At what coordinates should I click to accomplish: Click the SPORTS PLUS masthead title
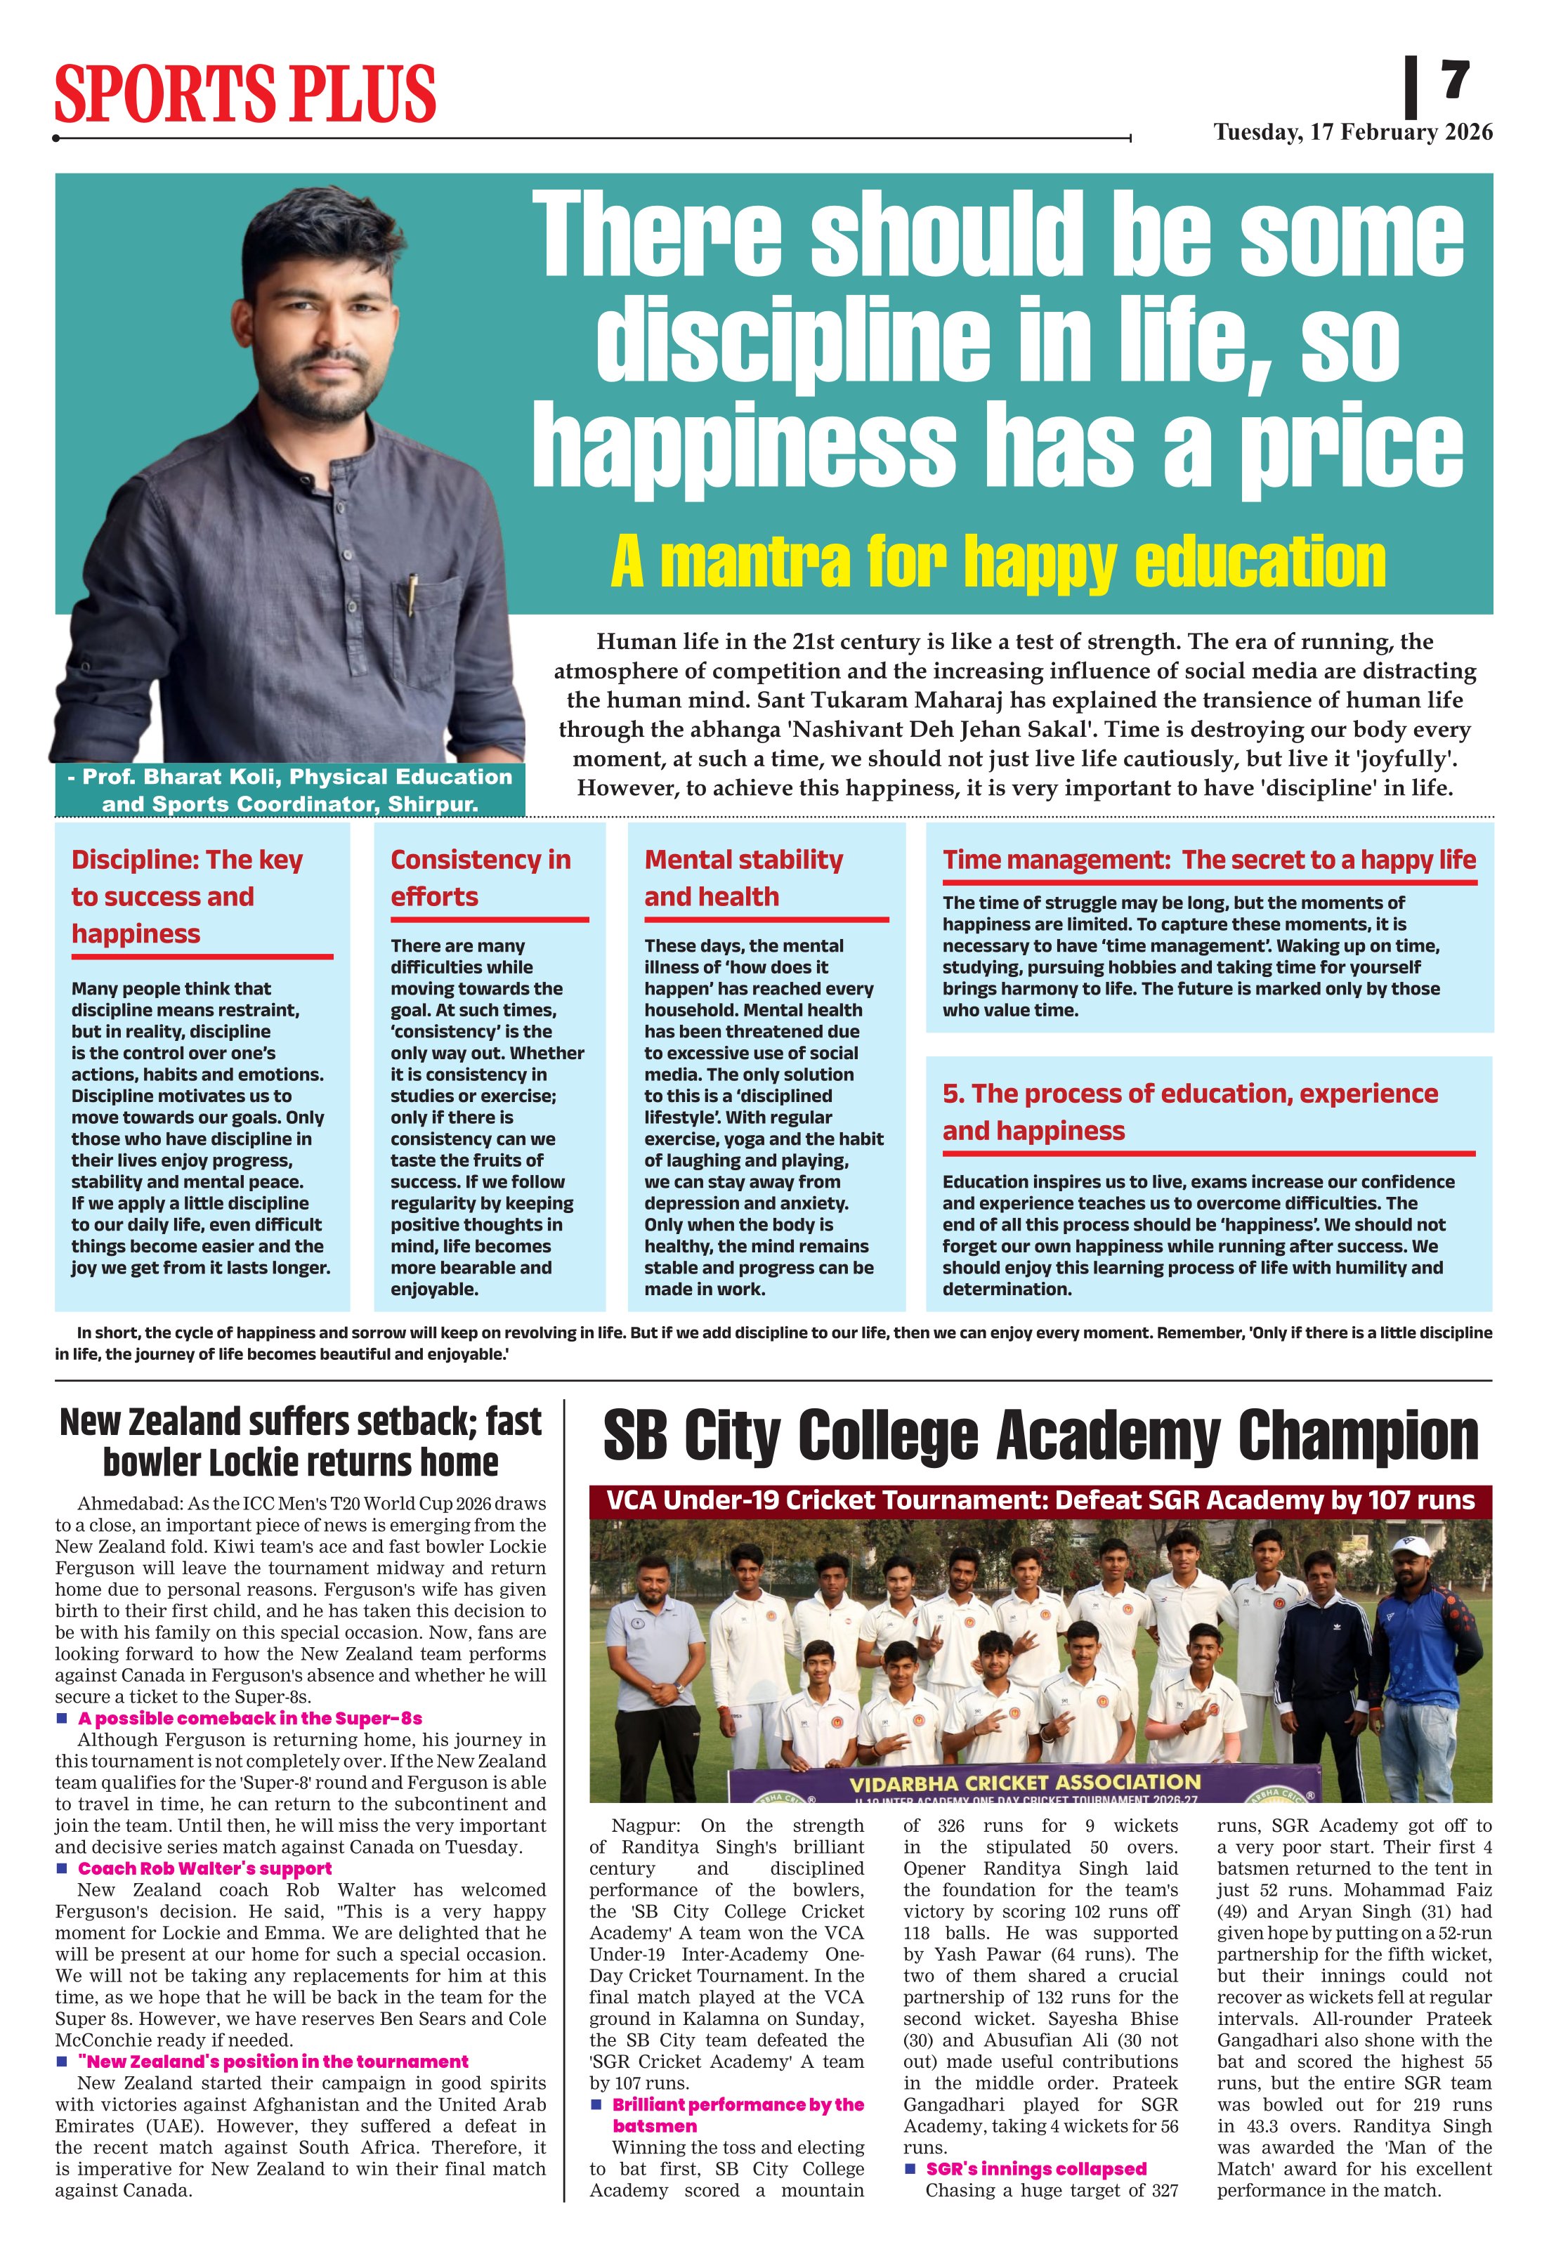point(245,93)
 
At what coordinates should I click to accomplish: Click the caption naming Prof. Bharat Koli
point(290,789)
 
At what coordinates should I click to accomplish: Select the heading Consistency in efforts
point(481,877)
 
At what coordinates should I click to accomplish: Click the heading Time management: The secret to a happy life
point(1208,860)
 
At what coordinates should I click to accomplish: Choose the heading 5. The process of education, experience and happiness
point(1189,1112)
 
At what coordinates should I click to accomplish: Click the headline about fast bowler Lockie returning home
point(300,1443)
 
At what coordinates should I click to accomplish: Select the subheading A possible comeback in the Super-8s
point(250,1719)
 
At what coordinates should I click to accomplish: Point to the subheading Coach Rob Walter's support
point(205,1869)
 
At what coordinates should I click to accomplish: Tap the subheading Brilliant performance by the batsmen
point(737,2115)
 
